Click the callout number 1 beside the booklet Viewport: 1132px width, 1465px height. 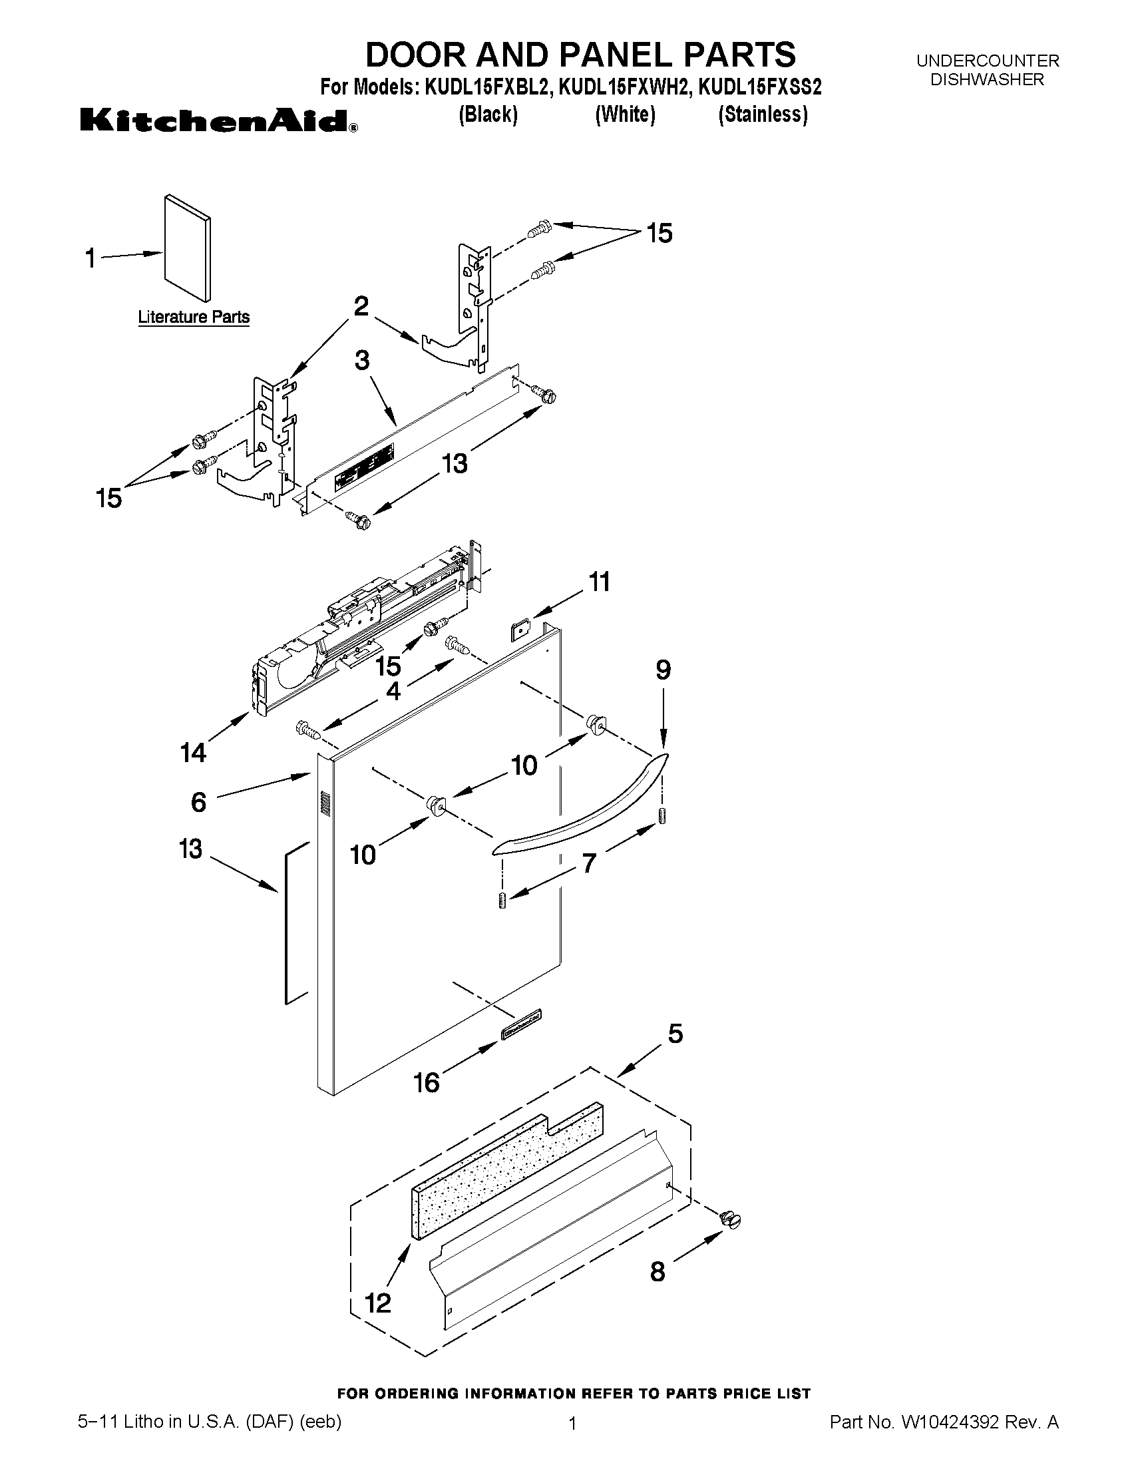[x=91, y=258]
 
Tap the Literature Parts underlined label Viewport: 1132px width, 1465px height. [x=194, y=317]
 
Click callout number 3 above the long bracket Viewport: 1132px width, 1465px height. [x=362, y=361]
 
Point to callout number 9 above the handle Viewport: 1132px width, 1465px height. [x=663, y=670]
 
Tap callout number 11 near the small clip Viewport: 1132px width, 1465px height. [x=599, y=582]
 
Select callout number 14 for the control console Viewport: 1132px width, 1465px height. [x=193, y=753]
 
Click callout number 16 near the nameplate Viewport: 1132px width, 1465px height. [x=427, y=1082]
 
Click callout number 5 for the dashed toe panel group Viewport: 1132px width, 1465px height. [x=675, y=1034]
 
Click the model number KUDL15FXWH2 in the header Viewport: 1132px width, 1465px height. [x=624, y=87]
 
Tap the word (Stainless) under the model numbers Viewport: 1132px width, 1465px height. [x=763, y=114]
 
